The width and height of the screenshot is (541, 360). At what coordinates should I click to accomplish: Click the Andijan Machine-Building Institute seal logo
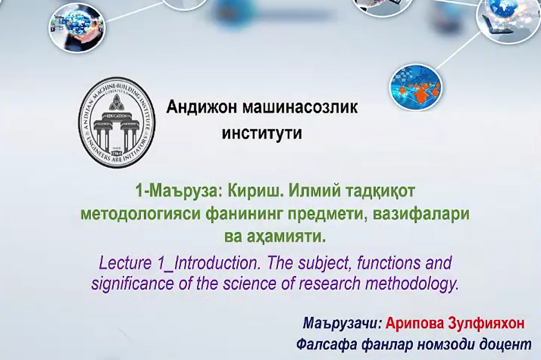117,122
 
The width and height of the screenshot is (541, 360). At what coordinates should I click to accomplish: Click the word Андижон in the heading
202,107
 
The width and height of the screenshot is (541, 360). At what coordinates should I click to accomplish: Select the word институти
262,133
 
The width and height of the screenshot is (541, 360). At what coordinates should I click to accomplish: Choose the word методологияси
140,214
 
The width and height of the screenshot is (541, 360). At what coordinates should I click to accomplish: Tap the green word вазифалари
421,214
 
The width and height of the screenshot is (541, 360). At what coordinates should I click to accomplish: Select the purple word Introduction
217,263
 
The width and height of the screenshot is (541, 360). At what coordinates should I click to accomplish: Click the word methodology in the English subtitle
412,283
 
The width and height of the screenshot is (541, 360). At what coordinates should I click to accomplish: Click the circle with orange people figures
416,87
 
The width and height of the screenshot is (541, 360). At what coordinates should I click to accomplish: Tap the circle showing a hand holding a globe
77,27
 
